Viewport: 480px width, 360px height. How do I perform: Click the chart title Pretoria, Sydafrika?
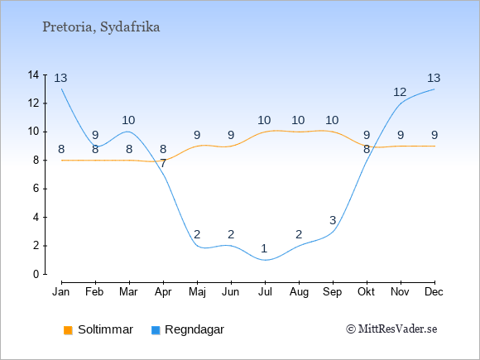pyautogui.click(x=101, y=27)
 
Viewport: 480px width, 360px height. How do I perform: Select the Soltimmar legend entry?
pyautogui.click(x=98, y=329)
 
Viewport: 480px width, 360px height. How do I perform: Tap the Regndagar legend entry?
pyautogui.click(x=188, y=329)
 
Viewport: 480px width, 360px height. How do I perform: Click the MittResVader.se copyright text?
pyautogui.click(x=391, y=329)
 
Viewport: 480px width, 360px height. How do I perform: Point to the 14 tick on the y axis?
pyautogui.click(x=33, y=74)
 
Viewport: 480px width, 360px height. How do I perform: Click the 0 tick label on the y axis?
pyautogui.click(x=36, y=274)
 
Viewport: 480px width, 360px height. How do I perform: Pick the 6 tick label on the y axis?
pyautogui.click(x=36, y=189)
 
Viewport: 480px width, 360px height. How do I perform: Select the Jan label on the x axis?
pyautogui.click(x=61, y=292)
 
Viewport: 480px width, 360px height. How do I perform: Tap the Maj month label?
pyautogui.click(x=197, y=292)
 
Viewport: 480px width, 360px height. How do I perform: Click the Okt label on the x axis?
pyautogui.click(x=366, y=292)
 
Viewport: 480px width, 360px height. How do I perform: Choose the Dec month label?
pyautogui.click(x=434, y=292)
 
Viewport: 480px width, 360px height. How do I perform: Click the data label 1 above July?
pyautogui.click(x=264, y=248)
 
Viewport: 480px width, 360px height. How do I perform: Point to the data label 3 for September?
pyautogui.click(x=333, y=220)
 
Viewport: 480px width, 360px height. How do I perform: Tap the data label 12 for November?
pyautogui.click(x=400, y=92)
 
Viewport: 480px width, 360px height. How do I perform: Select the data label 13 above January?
pyautogui.click(x=60, y=78)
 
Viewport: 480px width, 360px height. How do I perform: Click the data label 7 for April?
pyautogui.click(x=163, y=164)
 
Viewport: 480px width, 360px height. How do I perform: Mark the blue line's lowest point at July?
pyautogui.click(x=265, y=260)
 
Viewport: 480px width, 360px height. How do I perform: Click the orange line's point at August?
pyautogui.click(x=299, y=132)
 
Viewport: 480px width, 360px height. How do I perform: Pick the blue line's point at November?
pyautogui.click(x=401, y=103)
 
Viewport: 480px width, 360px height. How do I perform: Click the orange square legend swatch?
pyautogui.click(x=68, y=330)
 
